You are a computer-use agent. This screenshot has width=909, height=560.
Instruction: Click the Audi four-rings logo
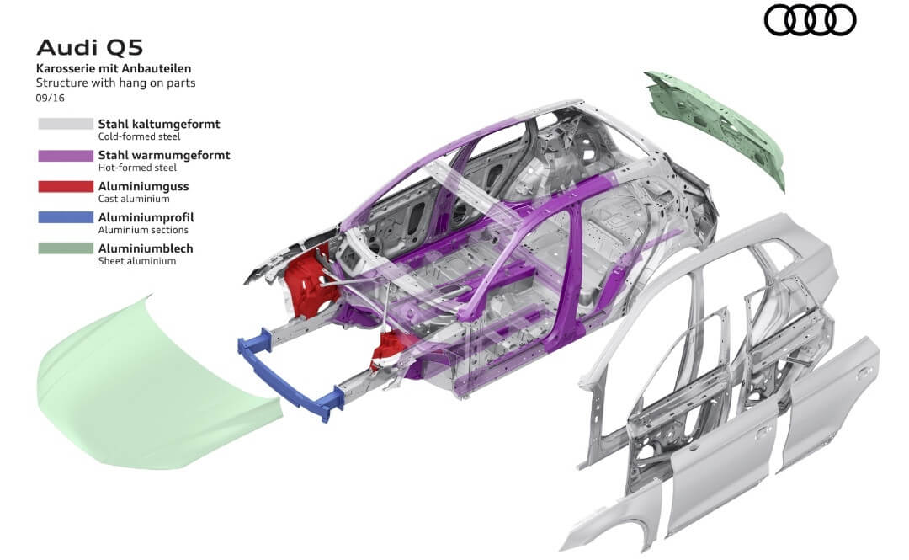(810, 19)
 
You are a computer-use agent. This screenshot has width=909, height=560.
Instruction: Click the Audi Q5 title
(90, 48)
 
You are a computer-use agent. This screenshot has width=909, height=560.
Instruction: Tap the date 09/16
(50, 98)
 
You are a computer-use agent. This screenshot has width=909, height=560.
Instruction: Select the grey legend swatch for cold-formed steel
(66, 124)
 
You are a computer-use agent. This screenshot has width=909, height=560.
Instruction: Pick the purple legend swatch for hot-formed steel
(66, 156)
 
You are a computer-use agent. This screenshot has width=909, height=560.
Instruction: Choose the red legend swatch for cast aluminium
(66, 186)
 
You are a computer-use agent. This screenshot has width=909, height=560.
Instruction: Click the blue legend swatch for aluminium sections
(66, 217)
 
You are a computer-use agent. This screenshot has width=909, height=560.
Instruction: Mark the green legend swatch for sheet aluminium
(66, 248)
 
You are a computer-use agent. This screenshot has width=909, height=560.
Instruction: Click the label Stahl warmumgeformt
(164, 156)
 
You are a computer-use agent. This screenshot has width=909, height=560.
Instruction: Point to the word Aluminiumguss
(143, 186)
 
